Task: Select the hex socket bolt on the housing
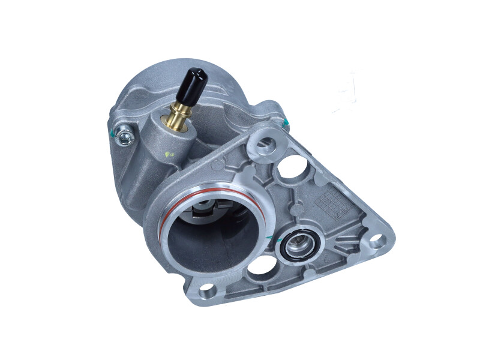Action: click(x=124, y=136)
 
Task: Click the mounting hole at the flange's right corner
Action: click(x=377, y=242)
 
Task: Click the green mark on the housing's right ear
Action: click(x=286, y=124)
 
